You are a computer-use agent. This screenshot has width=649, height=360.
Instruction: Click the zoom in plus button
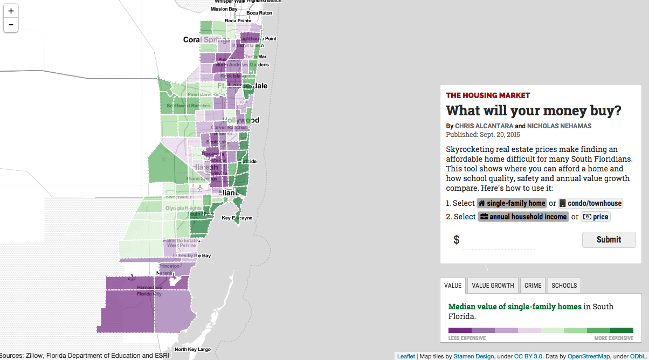pyautogui.click(x=11, y=11)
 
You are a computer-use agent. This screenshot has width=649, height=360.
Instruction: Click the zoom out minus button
pyautogui.click(x=11, y=25)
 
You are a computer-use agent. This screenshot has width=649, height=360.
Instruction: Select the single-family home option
pyautogui.click(x=512, y=203)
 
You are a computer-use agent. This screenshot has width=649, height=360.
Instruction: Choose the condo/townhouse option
pyautogui.click(x=590, y=203)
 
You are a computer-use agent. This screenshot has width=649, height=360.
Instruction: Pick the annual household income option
pyautogui.click(x=523, y=217)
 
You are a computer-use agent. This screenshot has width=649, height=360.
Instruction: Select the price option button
pyautogui.click(x=595, y=217)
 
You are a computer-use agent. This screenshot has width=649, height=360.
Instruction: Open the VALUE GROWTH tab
pyautogui.click(x=493, y=286)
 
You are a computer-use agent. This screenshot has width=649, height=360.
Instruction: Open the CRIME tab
pyautogui.click(x=533, y=286)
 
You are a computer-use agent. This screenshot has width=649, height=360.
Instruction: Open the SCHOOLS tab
pyautogui.click(x=564, y=286)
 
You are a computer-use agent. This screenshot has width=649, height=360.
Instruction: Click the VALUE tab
pyautogui.click(x=452, y=286)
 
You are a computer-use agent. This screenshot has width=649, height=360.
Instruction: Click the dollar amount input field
pyautogui.click(x=499, y=240)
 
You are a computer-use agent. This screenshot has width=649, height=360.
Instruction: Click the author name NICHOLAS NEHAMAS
pyautogui.click(x=558, y=126)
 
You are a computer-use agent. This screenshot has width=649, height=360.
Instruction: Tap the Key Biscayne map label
pyautogui.click(x=237, y=218)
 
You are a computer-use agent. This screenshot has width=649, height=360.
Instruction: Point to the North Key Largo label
pyautogui.click(x=192, y=349)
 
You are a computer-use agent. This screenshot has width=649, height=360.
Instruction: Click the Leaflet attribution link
pyautogui.click(x=406, y=356)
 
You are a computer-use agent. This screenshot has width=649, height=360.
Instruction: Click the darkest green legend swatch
pyautogui.click(x=622, y=330)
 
